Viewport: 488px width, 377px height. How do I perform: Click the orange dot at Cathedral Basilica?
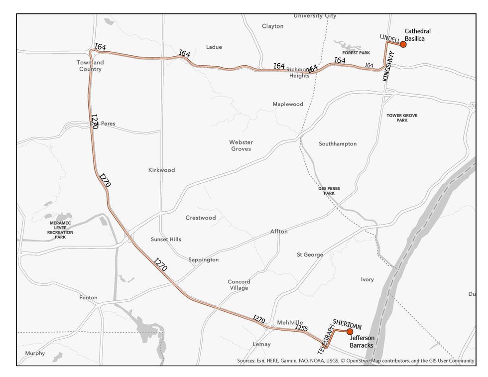tap(403, 44)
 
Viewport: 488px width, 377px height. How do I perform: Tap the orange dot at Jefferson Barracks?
tap(350, 331)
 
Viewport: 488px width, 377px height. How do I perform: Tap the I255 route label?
tap(302, 328)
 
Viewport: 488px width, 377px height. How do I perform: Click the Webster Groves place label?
tap(241, 145)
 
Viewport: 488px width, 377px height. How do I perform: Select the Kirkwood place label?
tap(161, 170)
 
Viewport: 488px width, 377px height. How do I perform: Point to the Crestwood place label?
tap(201, 218)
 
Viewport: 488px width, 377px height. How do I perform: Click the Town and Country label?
tap(90, 66)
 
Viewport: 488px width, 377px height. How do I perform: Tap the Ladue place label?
tap(214, 47)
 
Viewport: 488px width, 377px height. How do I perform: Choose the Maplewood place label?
tap(288, 104)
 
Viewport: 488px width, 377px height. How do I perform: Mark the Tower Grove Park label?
tap(402, 118)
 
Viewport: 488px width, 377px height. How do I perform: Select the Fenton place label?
tap(88, 298)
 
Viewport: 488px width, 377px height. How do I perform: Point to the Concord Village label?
tap(239, 285)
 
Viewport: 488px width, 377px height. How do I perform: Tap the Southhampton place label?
tap(338, 144)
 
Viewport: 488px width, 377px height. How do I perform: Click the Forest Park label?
tap(357, 52)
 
